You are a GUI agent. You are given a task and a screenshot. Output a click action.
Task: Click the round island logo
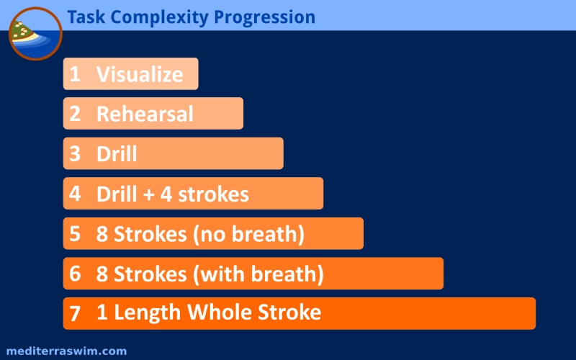pyautogui.click(x=35, y=33)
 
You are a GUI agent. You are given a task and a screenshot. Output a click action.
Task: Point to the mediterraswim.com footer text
pyautogui.click(x=66, y=351)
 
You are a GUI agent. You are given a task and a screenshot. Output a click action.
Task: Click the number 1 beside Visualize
pyautogui.click(x=75, y=74)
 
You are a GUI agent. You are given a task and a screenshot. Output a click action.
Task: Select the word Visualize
pyautogui.click(x=140, y=74)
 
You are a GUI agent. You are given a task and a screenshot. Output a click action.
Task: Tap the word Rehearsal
pyautogui.click(x=145, y=114)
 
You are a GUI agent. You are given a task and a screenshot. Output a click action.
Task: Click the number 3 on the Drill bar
pyautogui.click(x=75, y=153)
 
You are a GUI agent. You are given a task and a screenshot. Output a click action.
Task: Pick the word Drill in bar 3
pyautogui.click(x=117, y=153)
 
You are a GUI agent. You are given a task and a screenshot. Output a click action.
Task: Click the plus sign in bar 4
pyautogui.click(x=149, y=194)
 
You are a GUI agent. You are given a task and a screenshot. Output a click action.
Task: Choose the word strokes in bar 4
pyautogui.click(x=213, y=194)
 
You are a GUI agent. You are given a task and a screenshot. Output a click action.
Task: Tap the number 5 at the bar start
pyautogui.click(x=75, y=233)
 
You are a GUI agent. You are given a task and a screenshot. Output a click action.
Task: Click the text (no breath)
pyautogui.click(x=249, y=235)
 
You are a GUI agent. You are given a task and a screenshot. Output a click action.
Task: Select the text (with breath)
pyautogui.click(x=258, y=274)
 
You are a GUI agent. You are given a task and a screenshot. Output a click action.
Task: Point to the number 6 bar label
pyautogui.click(x=75, y=274)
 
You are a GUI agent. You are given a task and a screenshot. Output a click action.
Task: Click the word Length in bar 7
pyautogui.click(x=148, y=313)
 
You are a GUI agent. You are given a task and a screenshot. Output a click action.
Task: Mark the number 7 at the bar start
pyautogui.click(x=75, y=314)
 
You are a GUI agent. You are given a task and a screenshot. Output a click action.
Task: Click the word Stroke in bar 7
pyautogui.click(x=289, y=312)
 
